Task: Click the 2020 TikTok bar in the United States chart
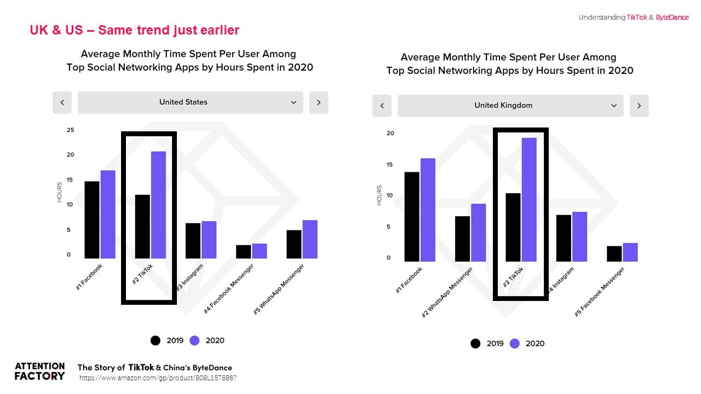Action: (x=158, y=205)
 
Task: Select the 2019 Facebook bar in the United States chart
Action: (x=92, y=219)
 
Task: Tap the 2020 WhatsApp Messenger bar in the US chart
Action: (x=309, y=239)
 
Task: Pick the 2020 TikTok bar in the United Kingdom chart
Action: (x=529, y=199)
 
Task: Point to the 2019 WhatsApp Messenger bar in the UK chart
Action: (x=462, y=239)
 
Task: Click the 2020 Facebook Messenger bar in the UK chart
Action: (x=630, y=252)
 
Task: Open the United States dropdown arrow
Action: (x=294, y=102)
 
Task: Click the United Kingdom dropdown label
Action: (x=503, y=106)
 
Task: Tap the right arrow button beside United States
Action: (x=319, y=102)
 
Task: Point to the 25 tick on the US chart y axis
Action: (x=70, y=130)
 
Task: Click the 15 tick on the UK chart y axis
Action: (x=390, y=164)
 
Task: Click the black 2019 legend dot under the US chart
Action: (x=156, y=340)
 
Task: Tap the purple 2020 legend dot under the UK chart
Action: (x=515, y=344)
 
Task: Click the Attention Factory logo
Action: (x=39, y=371)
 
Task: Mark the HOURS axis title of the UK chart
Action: (x=379, y=195)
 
